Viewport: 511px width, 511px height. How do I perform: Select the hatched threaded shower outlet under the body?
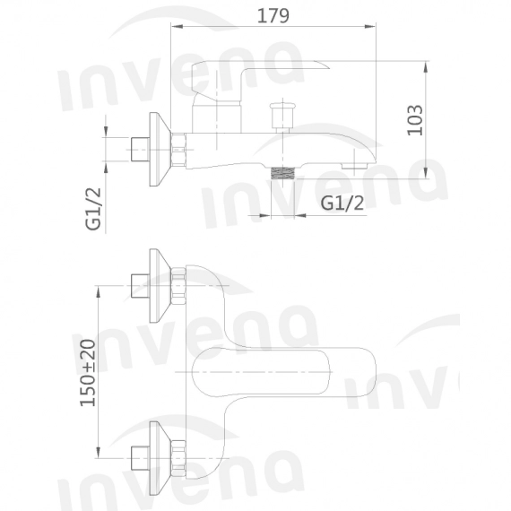[284, 174]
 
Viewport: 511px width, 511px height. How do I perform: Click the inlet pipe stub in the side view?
[139, 148]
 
